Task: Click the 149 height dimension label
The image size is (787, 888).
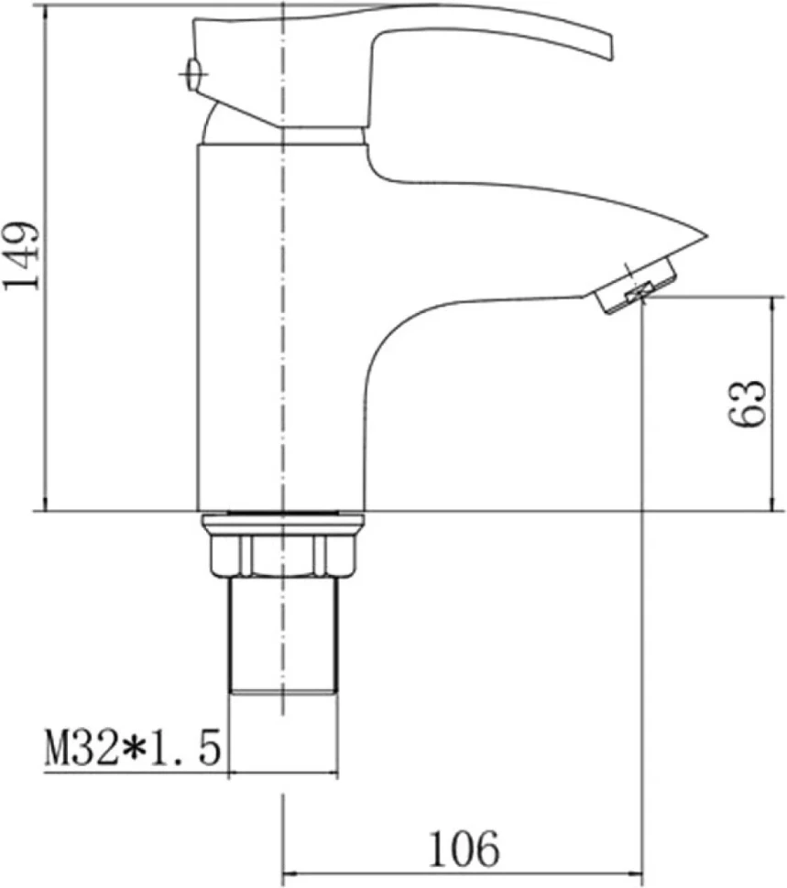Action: coord(22,255)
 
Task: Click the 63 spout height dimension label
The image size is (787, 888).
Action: coord(746,403)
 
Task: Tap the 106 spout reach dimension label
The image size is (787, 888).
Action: coord(464,849)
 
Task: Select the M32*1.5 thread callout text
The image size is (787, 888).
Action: coord(133,748)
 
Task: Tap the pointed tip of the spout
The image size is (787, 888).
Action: coord(707,234)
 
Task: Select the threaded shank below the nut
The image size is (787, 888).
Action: coord(283,635)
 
